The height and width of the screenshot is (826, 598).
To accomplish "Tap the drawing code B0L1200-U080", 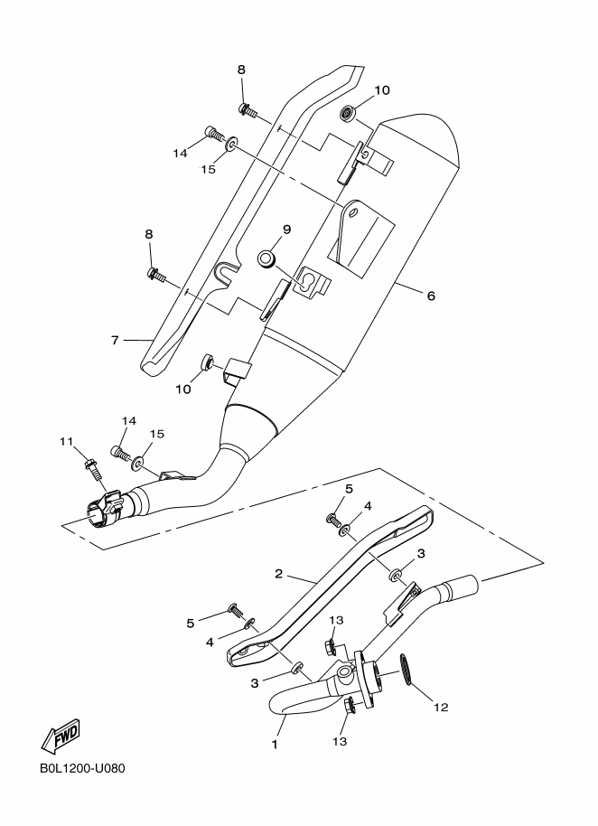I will [x=81, y=769].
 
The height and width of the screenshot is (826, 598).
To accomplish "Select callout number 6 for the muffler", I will [x=431, y=296].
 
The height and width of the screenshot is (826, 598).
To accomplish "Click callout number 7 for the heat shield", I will [x=115, y=340].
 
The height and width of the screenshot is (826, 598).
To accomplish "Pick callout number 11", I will [x=65, y=441].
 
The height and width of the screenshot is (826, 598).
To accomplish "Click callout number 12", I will [x=440, y=707].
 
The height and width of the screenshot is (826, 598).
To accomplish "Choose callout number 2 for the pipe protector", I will [x=279, y=573].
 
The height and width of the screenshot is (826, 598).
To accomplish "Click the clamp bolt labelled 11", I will [x=90, y=467].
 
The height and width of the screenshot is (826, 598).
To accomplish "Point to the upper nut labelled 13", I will [x=332, y=646].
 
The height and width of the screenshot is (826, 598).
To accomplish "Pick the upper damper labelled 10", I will [x=347, y=113].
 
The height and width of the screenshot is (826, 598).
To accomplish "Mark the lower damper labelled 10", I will [x=207, y=363].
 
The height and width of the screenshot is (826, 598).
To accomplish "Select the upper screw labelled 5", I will [x=333, y=521].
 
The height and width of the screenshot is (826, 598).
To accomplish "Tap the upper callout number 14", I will [x=181, y=153].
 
